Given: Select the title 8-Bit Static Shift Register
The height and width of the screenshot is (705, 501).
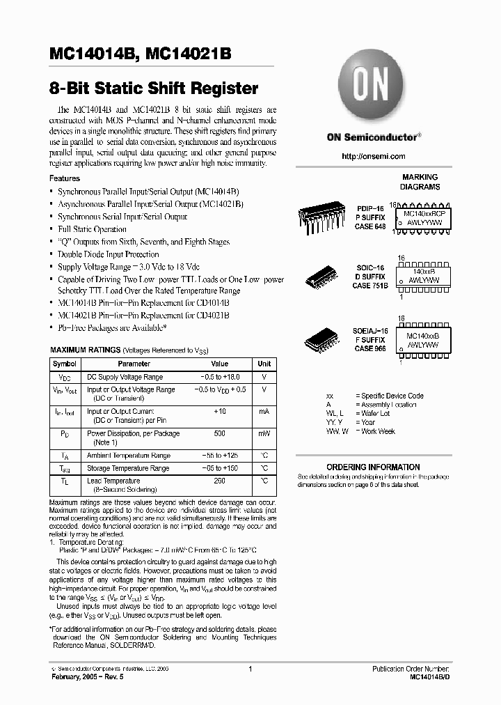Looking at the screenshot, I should click(x=154, y=88).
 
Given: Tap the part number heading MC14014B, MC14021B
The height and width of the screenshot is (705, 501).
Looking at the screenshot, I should click(x=140, y=54).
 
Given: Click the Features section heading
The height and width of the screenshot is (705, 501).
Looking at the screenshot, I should click(x=65, y=178).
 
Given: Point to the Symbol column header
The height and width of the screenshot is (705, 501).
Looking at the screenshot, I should click(x=65, y=364).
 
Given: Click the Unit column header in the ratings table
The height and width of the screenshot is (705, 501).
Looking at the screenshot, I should click(x=264, y=364).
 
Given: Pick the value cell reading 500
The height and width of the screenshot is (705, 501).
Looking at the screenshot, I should click(x=219, y=433).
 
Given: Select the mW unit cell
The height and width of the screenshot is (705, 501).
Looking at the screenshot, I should click(x=264, y=433).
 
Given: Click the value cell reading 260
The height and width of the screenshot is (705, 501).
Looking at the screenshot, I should click(x=219, y=481).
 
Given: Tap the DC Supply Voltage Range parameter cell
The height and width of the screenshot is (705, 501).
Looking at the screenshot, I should click(x=125, y=377).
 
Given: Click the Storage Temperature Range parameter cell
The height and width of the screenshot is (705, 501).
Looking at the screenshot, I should click(x=127, y=468).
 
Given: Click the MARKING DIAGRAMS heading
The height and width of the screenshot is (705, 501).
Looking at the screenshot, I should click(x=420, y=183).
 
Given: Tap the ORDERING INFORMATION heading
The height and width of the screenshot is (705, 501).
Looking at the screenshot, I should click(x=373, y=467).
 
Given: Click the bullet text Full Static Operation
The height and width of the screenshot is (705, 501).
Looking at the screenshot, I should click(x=92, y=229).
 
